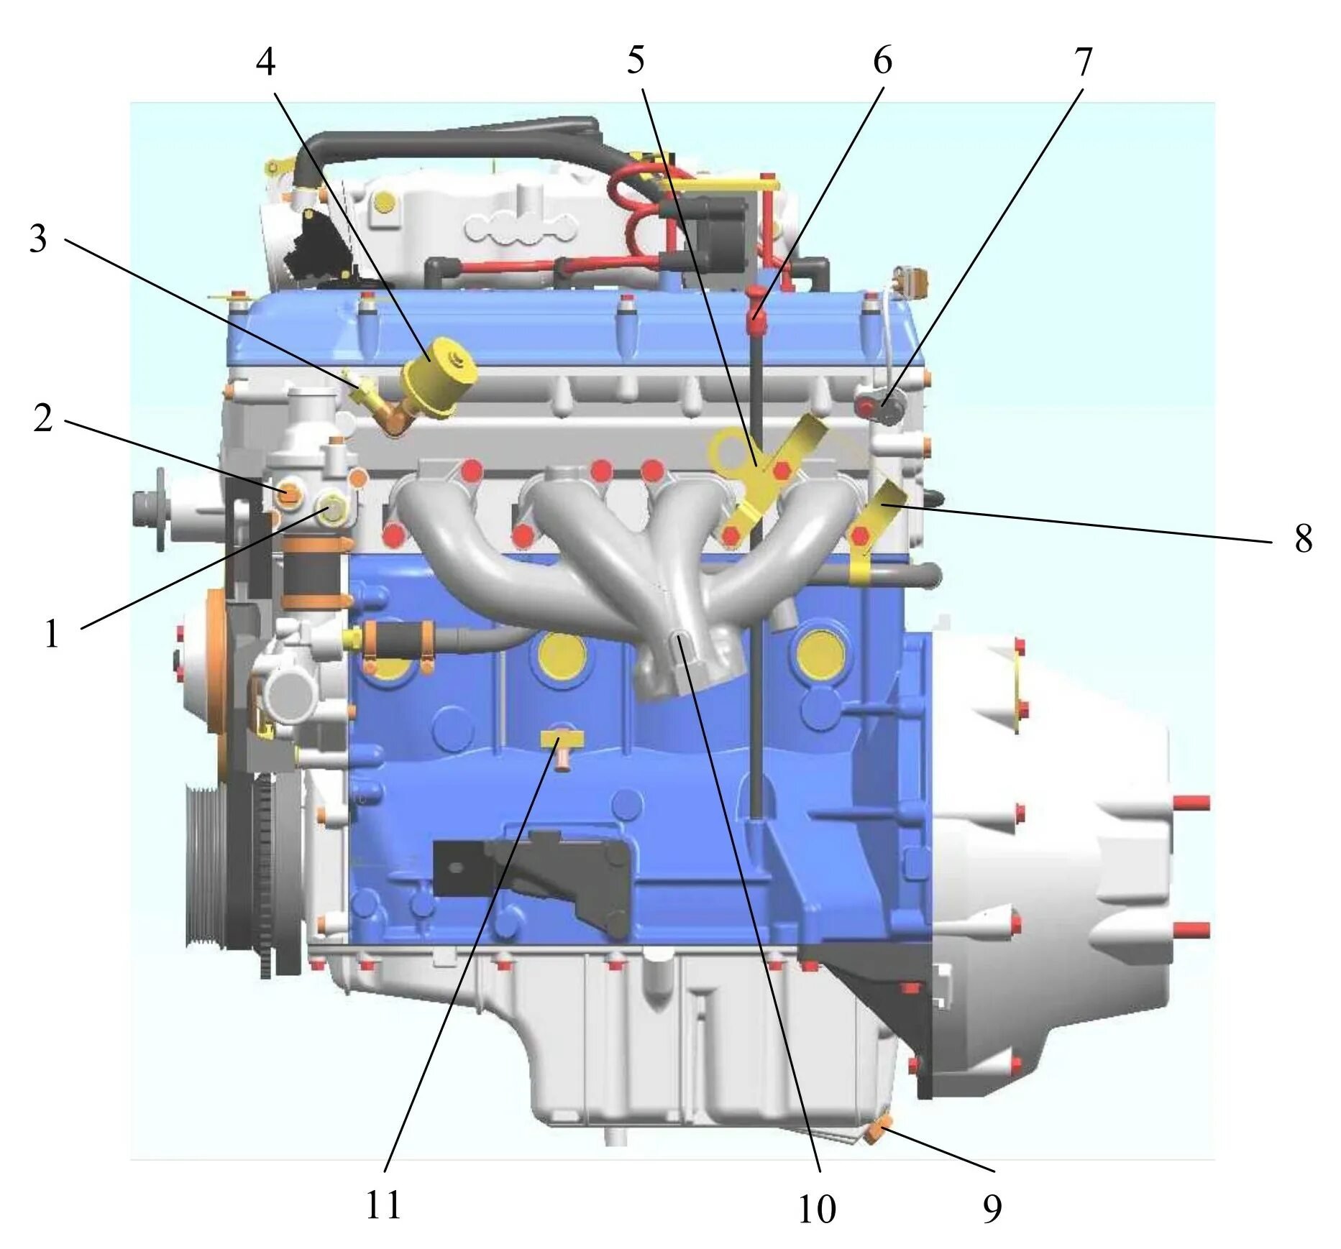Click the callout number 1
pyautogui.click(x=51, y=634)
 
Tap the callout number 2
pyautogui.click(x=43, y=418)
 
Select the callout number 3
pyautogui.click(x=38, y=239)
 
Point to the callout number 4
pyautogui.click(x=265, y=62)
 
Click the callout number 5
pyautogui.click(x=636, y=60)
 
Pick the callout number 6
pyautogui.click(x=882, y=60)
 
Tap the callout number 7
pyautogui.click(x=1084, y=62)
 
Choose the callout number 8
pyautogui.click(x=1303, y=538)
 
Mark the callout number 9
pyautogui.click(x=992, y=1209)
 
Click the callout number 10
pyautogui.click(x=817, y=1209)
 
